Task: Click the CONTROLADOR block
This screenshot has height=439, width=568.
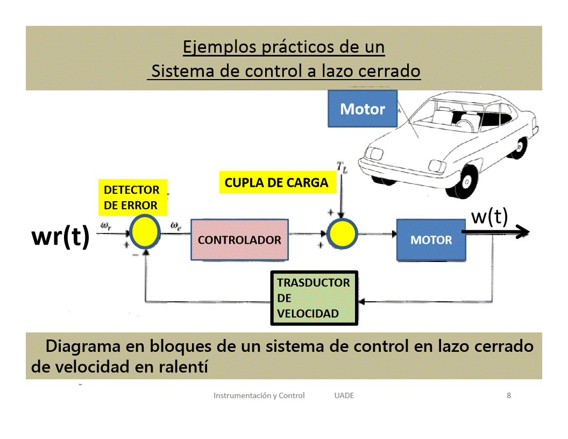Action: (x=239, y=239)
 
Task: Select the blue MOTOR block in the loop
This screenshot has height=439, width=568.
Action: (x=431, y=240)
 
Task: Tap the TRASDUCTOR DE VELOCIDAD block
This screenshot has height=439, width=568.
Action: (x=314, y=298)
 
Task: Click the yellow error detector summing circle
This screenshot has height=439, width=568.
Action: (x=145, y=232)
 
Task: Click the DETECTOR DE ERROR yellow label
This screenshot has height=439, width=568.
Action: (x=132, y=197)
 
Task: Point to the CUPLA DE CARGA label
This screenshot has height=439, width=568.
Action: (x=276, y=182)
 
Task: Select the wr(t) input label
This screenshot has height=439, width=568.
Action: (x=60, y=237)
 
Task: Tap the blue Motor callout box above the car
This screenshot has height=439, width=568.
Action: (x=363, y=109)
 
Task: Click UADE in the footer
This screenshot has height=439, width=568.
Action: (x=344, y=395)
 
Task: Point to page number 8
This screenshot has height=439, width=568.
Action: (x=509, y=395)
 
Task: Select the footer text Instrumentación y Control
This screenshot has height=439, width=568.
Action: (x=259, y=395)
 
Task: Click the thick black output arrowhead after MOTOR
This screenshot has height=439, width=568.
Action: (x=523, y=232)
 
